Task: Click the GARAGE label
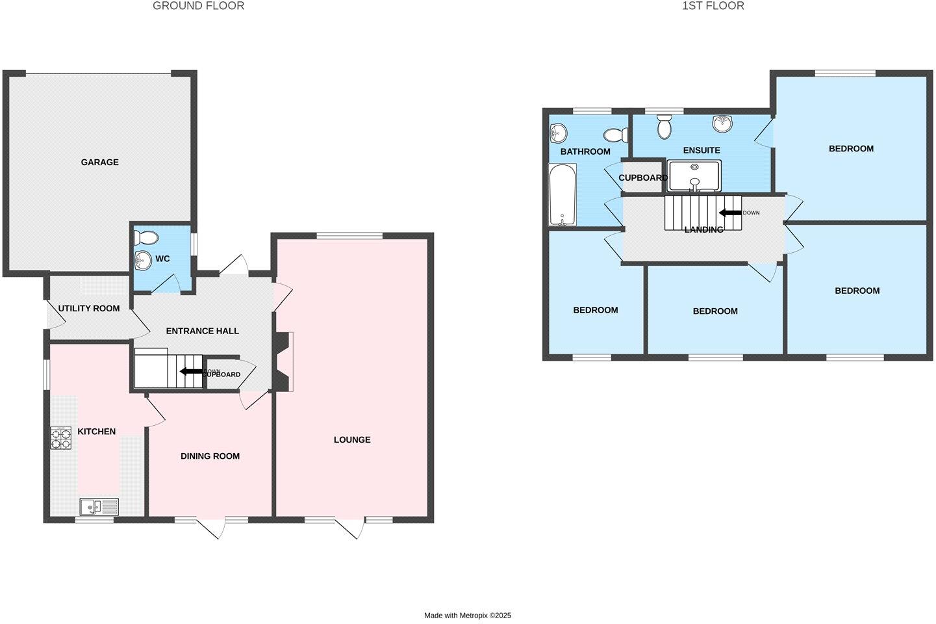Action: (99, 162)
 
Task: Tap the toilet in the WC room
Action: (146, 237)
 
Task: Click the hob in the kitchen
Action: (61, 437)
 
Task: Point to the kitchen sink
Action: (99, 506)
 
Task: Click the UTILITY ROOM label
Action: (89, 308)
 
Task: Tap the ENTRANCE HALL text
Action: (203, 331)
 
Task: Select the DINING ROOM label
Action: (210, 456)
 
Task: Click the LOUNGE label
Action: (352, 439)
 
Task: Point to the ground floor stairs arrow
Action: (190, 371)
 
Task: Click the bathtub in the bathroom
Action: (561, 194)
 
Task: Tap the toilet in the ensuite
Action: (664, 126)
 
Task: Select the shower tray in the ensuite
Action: (694, 176)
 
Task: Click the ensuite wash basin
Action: (722, 123)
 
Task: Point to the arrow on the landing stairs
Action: (730, 213)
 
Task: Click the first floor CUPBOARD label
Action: (642, 177)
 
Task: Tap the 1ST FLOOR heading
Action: (713, 6)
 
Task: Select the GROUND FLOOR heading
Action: (199, 6)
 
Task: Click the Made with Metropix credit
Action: (468, 615)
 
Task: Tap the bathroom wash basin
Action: (557, 134)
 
